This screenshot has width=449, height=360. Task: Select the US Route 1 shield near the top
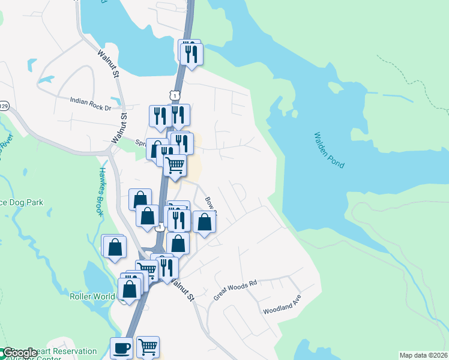tap(174, 95)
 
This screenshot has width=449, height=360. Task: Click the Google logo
tap(19, 353)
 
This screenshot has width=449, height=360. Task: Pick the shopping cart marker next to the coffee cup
tap(148, 347)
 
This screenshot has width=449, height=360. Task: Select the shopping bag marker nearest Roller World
tap(130, 289)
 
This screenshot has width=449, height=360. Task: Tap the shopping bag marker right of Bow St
tap(205, 222)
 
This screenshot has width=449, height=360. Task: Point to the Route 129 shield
tap(3, 106)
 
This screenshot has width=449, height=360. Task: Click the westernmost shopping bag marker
tap(115, 247)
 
